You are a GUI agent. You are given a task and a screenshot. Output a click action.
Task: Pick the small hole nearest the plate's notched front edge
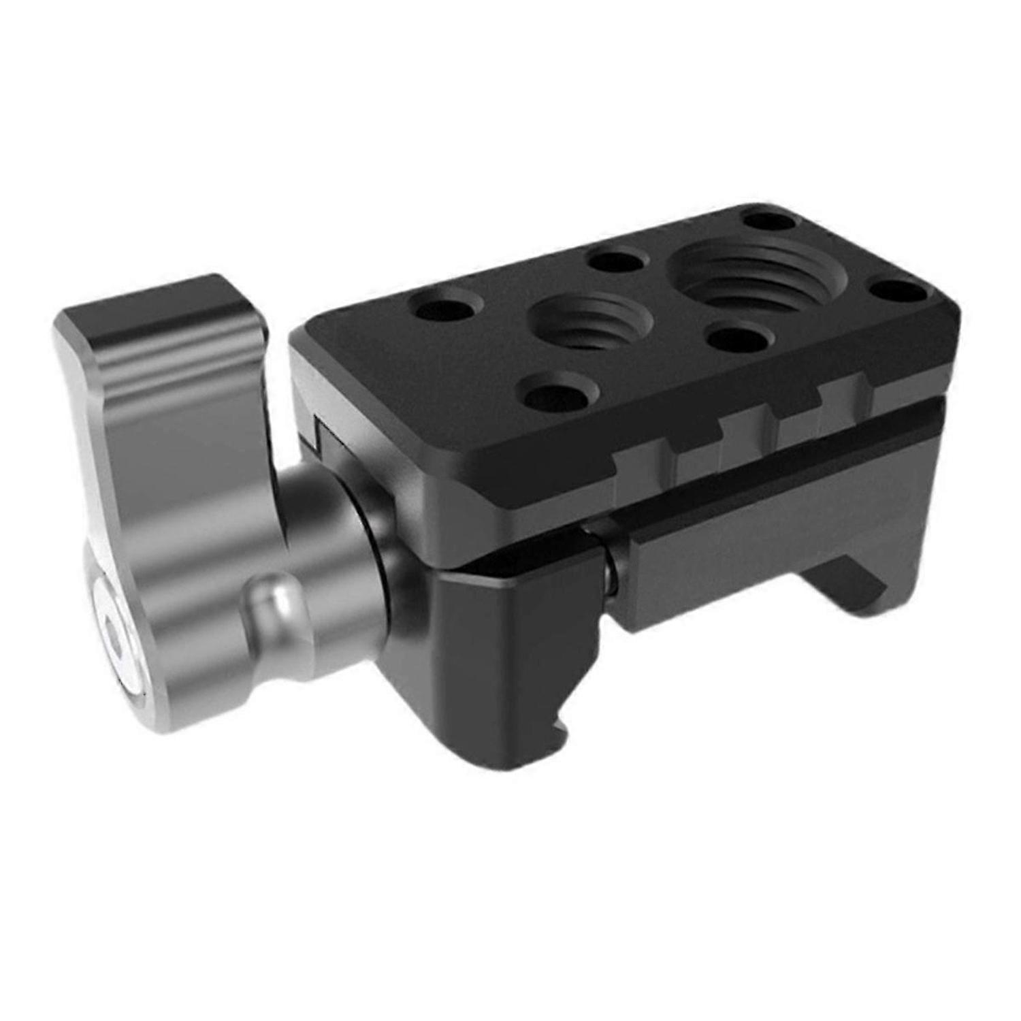(558, 394)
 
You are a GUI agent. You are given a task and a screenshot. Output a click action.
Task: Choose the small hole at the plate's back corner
(768, 221)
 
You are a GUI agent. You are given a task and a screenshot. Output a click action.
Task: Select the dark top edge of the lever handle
(157, 299)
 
